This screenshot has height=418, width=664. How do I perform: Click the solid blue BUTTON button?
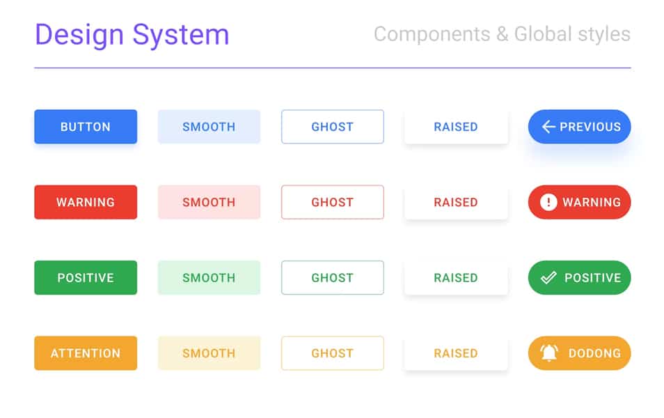pyautogui.click(x=86, y=127)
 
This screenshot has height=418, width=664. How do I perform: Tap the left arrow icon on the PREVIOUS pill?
pyautogui.click(x=548, y=127)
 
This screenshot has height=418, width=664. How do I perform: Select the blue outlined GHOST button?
pyautogui.click(x=332, y=127)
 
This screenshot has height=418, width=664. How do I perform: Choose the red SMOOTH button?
pyautogui.click(x=209, y=202)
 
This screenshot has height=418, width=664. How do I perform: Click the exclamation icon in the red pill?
pyautogui.click(x=548, y=202)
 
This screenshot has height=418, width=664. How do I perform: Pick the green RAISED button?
pyautogui.click(x=456, y=277)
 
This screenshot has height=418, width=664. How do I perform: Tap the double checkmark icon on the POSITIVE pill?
pyautogui.click(x=549, y=277)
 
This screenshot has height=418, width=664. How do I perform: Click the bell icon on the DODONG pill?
pyautogui.click(x=549, y=353)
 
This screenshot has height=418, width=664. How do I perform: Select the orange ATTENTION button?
pyautogui.click(x=86, y=353)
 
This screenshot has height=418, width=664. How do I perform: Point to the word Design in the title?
pyautogui.click(x=79, y=35)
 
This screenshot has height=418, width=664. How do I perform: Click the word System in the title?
pyautogui.click(x=181, y=35)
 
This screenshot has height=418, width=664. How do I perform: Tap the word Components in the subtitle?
pyautogui.click(x=432, y=34)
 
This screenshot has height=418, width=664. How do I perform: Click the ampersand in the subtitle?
pyautogui.click(x=502, y=34)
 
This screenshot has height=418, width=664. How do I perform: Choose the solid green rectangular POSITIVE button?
pyautogui.click(x=86, y=277)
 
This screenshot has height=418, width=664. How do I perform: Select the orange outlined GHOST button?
pyautogui.click(x=332, y=353)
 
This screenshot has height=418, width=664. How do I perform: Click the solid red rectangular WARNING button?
pyautogui.click(x=86, y=202)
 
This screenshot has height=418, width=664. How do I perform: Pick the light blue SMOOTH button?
pyautogui.click(x=209, y=127)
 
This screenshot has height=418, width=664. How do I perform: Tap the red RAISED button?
pyautogui.click(x=456, y=202)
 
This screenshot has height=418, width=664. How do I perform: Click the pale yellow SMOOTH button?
pyautogui.click(x=209, y=353)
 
